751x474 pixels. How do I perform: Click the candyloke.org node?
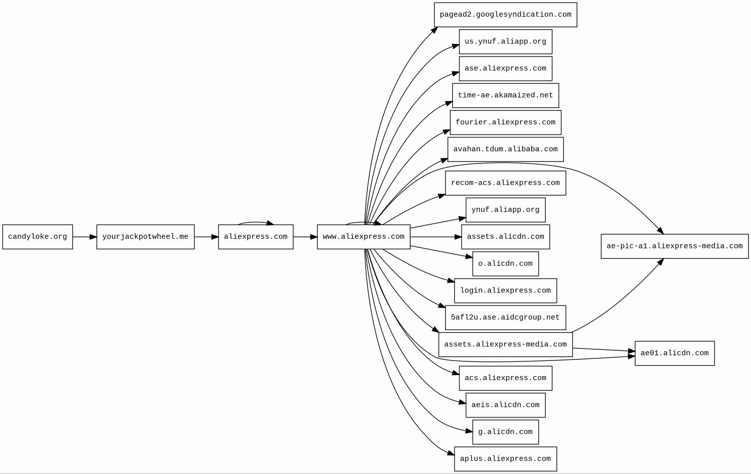click(x=37, y=237)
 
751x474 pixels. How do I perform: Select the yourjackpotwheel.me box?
click(x=145, y=237)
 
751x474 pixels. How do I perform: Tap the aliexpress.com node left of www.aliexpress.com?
click(x=256, y=237)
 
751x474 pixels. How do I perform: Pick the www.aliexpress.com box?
click(x=364, y=237)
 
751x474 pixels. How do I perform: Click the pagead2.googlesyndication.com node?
click(x=505, y=15)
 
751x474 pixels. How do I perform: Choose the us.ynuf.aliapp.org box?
click(x=505, y=41)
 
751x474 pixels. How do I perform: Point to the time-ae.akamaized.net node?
click(x=505, y=95)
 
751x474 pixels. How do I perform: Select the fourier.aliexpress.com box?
click(x=505, y=123)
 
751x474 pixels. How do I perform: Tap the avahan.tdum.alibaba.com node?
click(x=505, y=149)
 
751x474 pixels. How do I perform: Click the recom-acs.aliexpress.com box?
click(x=505, y=183)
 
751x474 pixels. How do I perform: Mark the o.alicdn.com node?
click(x=505, y=264)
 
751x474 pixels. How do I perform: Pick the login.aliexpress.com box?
click(x=505, y=291)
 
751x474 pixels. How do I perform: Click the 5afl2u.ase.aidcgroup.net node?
click(x=505, y=318)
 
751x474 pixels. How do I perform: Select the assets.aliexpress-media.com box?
click(x=505, y=344)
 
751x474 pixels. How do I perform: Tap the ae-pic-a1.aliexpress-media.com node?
click(x=674, y=246)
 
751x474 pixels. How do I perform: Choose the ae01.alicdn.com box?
click(x=674, y=353)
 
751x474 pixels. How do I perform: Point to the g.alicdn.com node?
click(x=505, y=432)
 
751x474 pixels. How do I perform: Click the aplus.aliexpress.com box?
click(x=505, y=459)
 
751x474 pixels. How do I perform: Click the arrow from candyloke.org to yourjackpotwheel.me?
click(x=85, y=237)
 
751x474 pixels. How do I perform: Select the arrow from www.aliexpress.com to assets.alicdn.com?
click(x=436, y=237)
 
